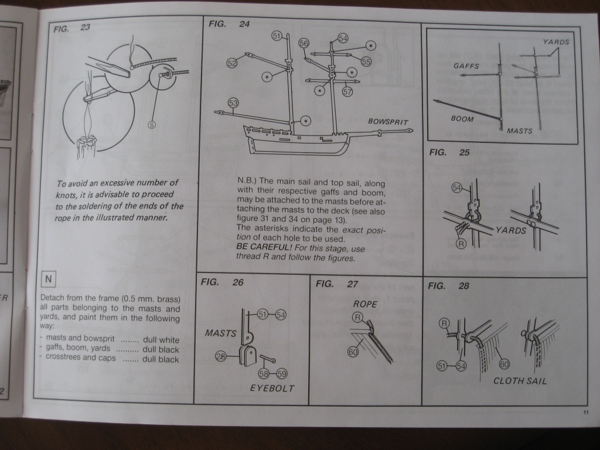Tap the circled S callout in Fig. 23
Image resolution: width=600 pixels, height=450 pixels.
pyautogui.click(x=152, y=124)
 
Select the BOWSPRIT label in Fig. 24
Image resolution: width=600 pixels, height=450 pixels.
pyautogui.click(x=387, y=122)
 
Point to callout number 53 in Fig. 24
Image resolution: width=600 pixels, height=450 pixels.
pyautogui.click(x=234, y=103)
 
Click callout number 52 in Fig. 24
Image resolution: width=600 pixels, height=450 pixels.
pyautogui.click(x=232, y=63)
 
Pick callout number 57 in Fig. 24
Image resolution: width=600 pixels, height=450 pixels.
pyautogui.click(x=347, y=91)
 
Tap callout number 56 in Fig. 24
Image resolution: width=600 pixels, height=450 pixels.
pyautogui.click(x=304, y=44)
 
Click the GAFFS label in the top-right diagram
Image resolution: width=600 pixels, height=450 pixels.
pyautogui.click(x=466, y=66)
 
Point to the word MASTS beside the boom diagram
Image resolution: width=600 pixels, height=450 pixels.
pyautogui.click(x=520, y=131)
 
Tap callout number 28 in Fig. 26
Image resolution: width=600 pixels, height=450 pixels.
pyautogui.click(x=221, y=355)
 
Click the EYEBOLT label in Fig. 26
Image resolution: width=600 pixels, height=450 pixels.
pyautogui.click(x=272, y=388)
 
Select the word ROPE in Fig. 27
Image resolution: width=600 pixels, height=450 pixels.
pyautogui.click(x=364, y=304)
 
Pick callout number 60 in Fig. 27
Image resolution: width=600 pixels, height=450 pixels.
pyautogui.click(x=353, y=352)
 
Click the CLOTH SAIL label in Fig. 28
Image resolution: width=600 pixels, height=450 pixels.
pyautogui.click(x=520, y=381)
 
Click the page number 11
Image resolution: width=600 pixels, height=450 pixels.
pyautogui.click(x=585, y=412)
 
